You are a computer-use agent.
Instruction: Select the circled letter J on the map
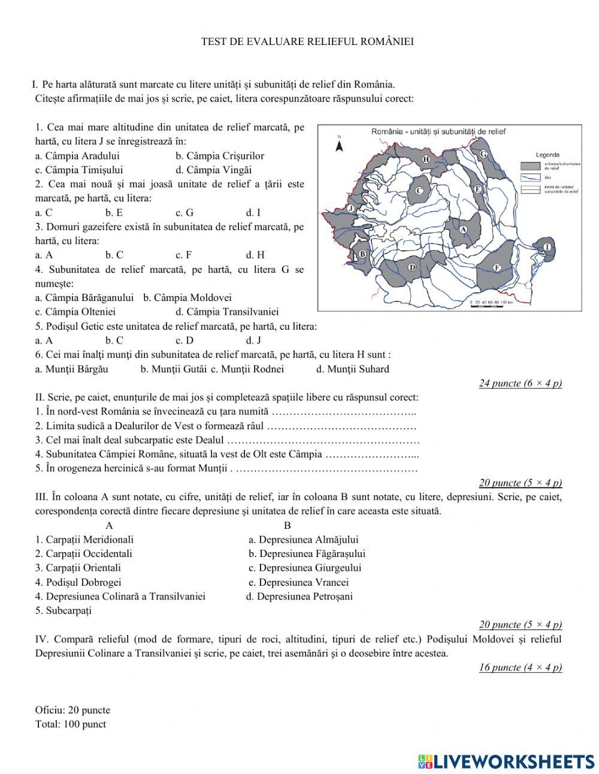tap(352, 208)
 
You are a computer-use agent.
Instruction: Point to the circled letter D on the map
tap(412, 267)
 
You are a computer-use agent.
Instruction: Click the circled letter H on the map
tap(426, 159)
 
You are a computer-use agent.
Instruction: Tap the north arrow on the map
tap(339, 144)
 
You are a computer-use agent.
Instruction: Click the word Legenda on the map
tap(547, 155)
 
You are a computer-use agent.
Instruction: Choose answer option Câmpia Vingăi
tap(213, 170)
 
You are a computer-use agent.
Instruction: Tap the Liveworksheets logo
tap(506, 761)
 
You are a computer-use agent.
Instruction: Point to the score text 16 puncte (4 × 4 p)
tap(520, 667)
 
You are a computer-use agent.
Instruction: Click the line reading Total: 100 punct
tap(71, 724)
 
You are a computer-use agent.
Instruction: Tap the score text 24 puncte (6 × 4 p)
tap(520, 383)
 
